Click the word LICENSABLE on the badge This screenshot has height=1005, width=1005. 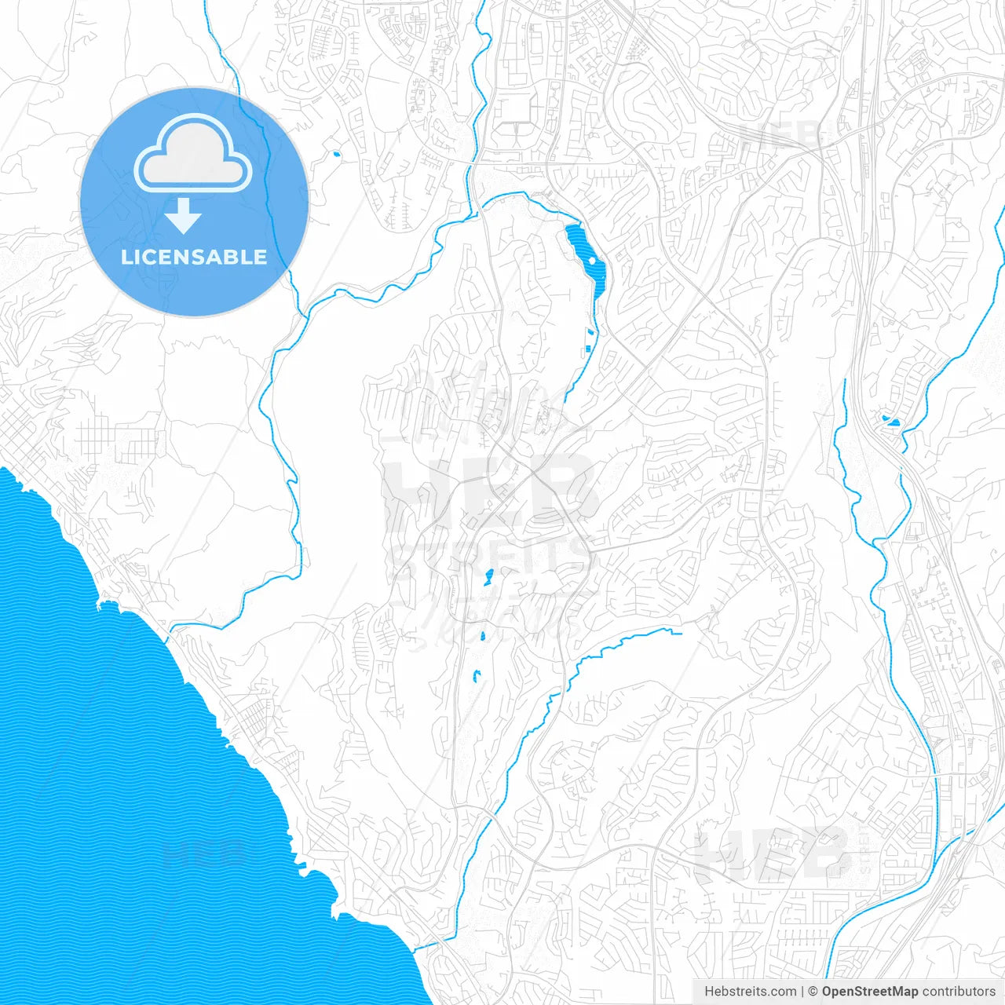pos(193,258)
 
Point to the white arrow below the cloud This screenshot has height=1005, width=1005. pos(184,216)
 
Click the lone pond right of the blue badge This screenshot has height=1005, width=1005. pos(336,154)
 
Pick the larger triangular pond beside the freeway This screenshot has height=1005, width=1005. pos(894,422)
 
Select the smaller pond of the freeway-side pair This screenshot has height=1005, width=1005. pos(884,418)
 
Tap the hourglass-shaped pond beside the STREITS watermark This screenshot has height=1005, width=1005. pos(488,579)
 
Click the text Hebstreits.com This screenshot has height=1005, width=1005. pos(750,992)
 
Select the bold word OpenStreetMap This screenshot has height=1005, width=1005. pos(869,992)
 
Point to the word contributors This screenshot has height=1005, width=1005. pos(959,992)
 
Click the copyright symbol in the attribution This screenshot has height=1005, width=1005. pos(813,992)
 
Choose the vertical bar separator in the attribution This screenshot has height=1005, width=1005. pos(802,992)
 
